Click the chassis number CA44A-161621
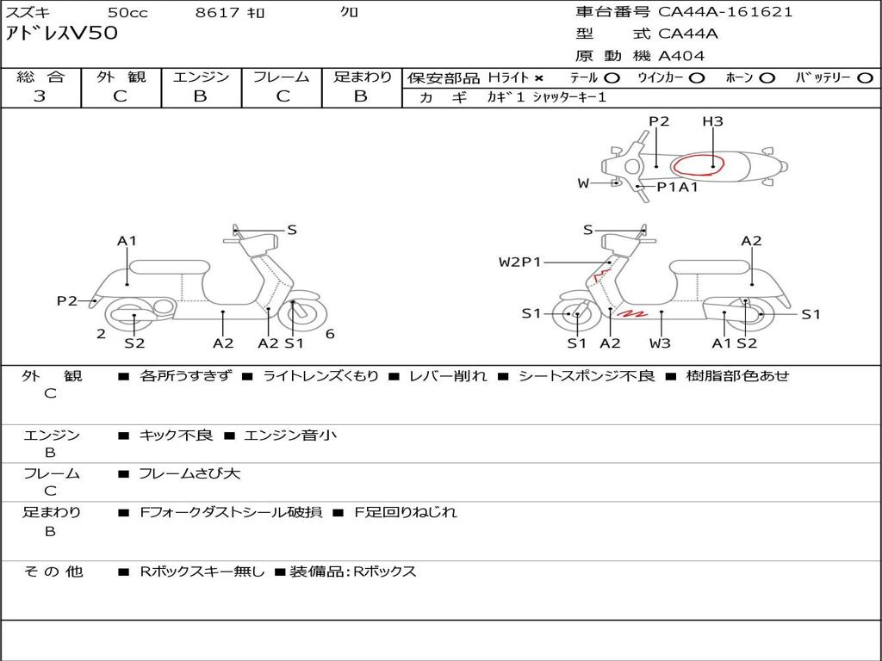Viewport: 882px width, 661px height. click(x=725, y=12)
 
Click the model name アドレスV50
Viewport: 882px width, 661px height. click(x=61, y=34)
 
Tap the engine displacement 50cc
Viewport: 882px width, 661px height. click(x=127, y=12)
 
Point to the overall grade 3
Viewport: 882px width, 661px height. click(x=40, y=96)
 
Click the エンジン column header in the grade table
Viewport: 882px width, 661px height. click(x=201, y=77)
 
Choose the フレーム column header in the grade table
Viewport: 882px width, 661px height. click(x=281, y=77)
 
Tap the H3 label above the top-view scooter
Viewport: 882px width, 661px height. click(x=712, y=121)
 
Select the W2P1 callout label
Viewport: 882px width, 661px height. click(x=519, y=262)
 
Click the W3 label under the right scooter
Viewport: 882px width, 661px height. click(x=661, y=343)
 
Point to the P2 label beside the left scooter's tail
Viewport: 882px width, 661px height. click(x=67, y=300)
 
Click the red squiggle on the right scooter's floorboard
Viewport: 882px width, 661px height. click(x=635, y=313)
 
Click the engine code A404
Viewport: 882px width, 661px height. click(x=681, y=56)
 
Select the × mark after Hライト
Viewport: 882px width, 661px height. click(x=539, y=77)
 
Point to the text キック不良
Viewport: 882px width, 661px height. click(x=176, y=436)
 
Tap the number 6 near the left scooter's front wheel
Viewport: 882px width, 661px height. click(x=330, y=334)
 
